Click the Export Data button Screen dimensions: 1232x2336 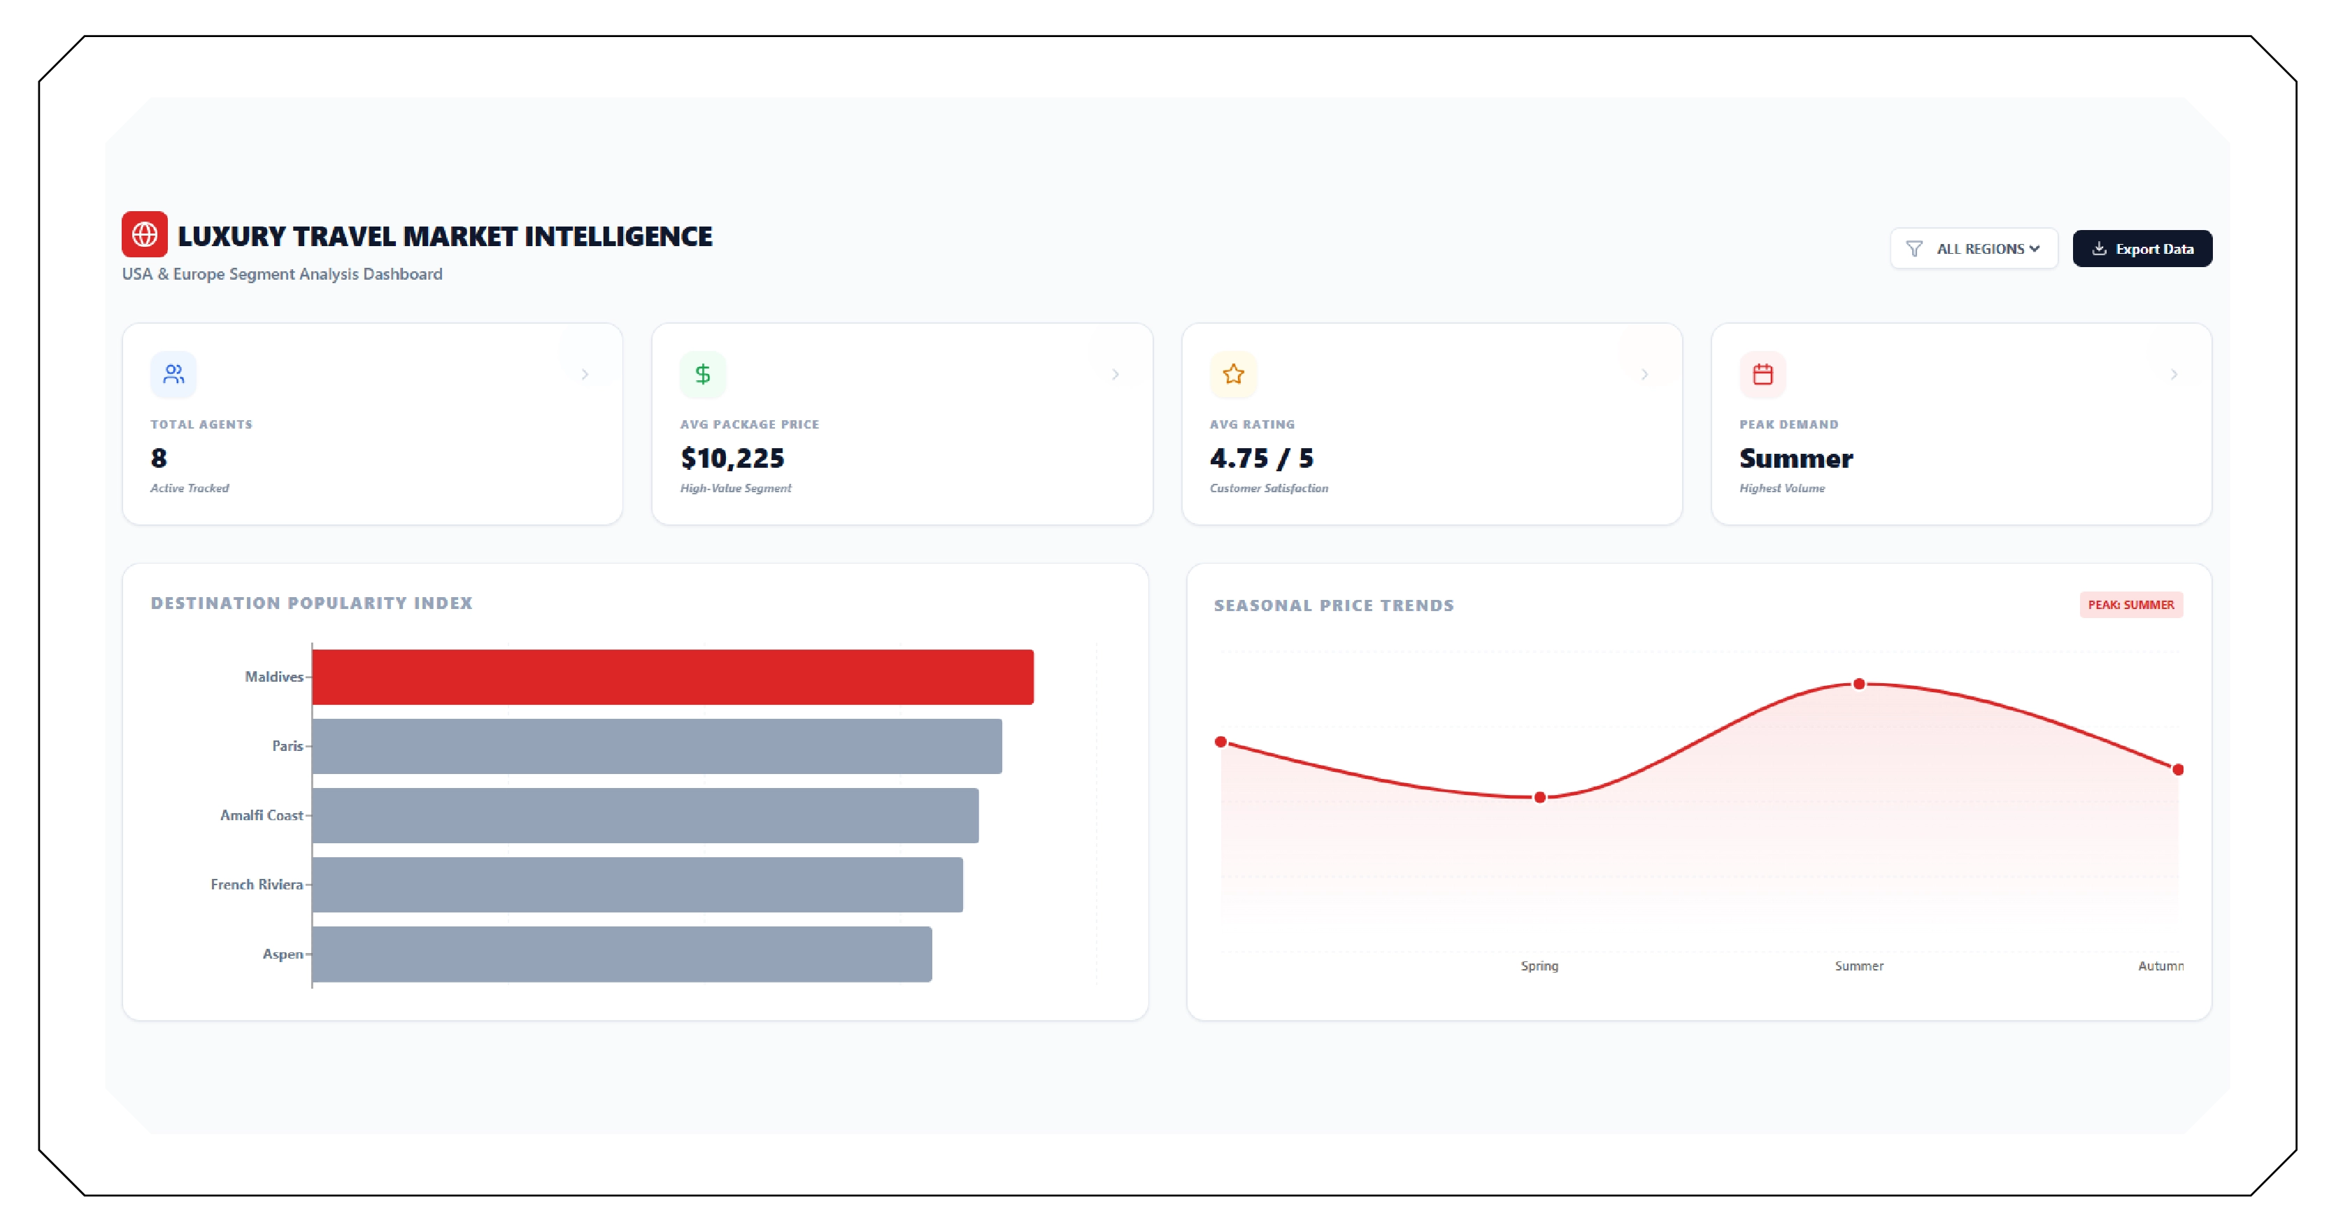click(x=2142, y=248)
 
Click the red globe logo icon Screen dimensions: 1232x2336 click(x=144, y=235)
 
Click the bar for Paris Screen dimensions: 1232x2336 click(x=657, y=746)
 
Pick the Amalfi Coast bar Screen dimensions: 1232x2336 click(x=645, y=816)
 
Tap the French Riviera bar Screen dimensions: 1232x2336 click(x=636, y=884)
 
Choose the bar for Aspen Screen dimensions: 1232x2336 click(x=621, y=954)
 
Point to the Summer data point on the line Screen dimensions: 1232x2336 click(x=1859, y=684)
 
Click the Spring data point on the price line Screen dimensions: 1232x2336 click(x=1540, y=798)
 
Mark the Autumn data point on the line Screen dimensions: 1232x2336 click(x=2177, y=770)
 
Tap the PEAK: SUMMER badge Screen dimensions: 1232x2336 click(x=2130, y=605)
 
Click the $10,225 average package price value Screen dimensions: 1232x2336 click(x=732, y=459)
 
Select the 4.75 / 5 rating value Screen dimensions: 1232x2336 click(x=1260, y=459)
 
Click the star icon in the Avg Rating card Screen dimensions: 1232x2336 click(x=1232, y=374)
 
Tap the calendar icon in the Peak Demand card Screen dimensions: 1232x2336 click(x=1762, y=374)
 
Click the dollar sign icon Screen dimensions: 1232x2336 click(x=703, y=374)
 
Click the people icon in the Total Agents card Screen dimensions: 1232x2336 click(x=173, y=374)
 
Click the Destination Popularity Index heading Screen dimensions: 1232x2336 click(x=311, y=603)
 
